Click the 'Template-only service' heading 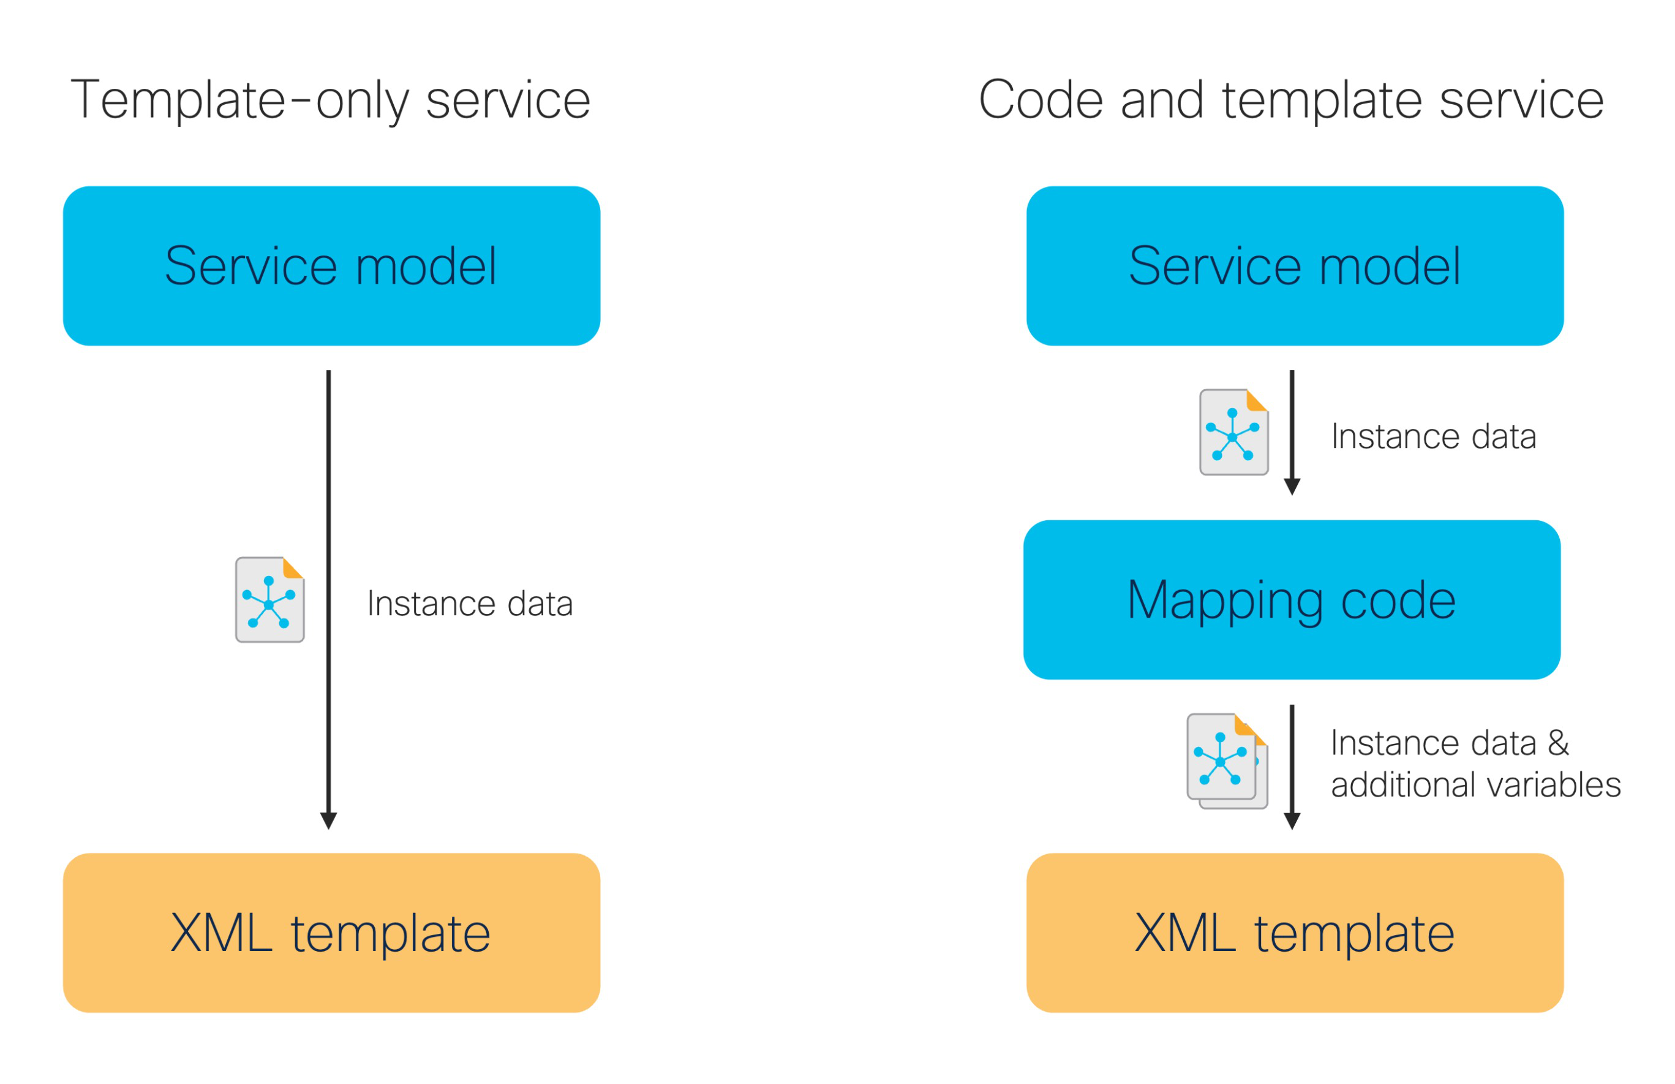pyautogui.click(x=330, y=100)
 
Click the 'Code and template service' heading pyautogui.click(x=1291, y=100)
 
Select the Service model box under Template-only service pyautogui.click(x=331, y=265)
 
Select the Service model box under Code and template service pyautogui.click(x=1295, y=265)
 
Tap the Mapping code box pyautogui.click(x=1292, y=600)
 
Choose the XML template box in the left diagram pyautogui.click(x=331, y=933)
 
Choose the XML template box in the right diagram pyautogui.click(x=1295, y=933)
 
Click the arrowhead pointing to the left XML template pyautogui.click(x=328, y=821)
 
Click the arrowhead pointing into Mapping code pyautogui.click(x=1292, y=487)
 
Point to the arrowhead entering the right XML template pyautogui.click(x=1292, y=821)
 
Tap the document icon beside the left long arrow pyautogui.click(x=270, y=600)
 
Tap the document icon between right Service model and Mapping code pyautogui.click(x=1234, y=432)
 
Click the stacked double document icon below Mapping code pyautogui.click(x=1227, y=761)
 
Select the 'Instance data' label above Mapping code pyautogui.click(x=1434, y=436)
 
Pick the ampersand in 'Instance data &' pyautogui.click(x=1559, y=743)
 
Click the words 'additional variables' pyautogui.click(x=1476, y=785)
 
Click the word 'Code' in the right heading pyautogui.click(x=1041, y=100)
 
